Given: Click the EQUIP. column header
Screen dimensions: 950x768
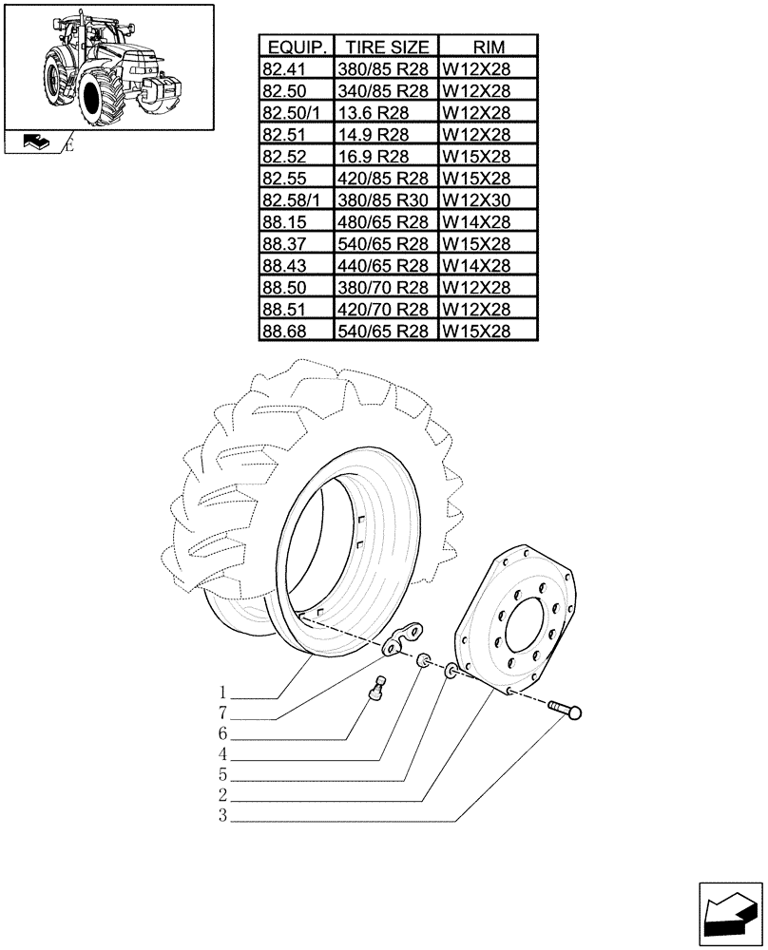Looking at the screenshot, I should pos(297,47).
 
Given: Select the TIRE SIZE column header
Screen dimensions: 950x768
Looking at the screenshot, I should pos(385,47).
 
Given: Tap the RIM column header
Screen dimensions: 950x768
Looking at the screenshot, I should pos(487,47).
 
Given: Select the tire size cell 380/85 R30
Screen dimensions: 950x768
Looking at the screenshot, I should pos(385,199).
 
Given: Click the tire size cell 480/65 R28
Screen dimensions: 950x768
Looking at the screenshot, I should pos(385,221).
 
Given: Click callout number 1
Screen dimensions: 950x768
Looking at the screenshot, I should pos(221,692).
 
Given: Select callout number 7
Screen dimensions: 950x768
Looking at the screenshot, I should pos(221,712).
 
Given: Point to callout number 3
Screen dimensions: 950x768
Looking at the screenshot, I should pos(221,816).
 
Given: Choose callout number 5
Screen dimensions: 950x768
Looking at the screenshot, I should pos(221,775).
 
